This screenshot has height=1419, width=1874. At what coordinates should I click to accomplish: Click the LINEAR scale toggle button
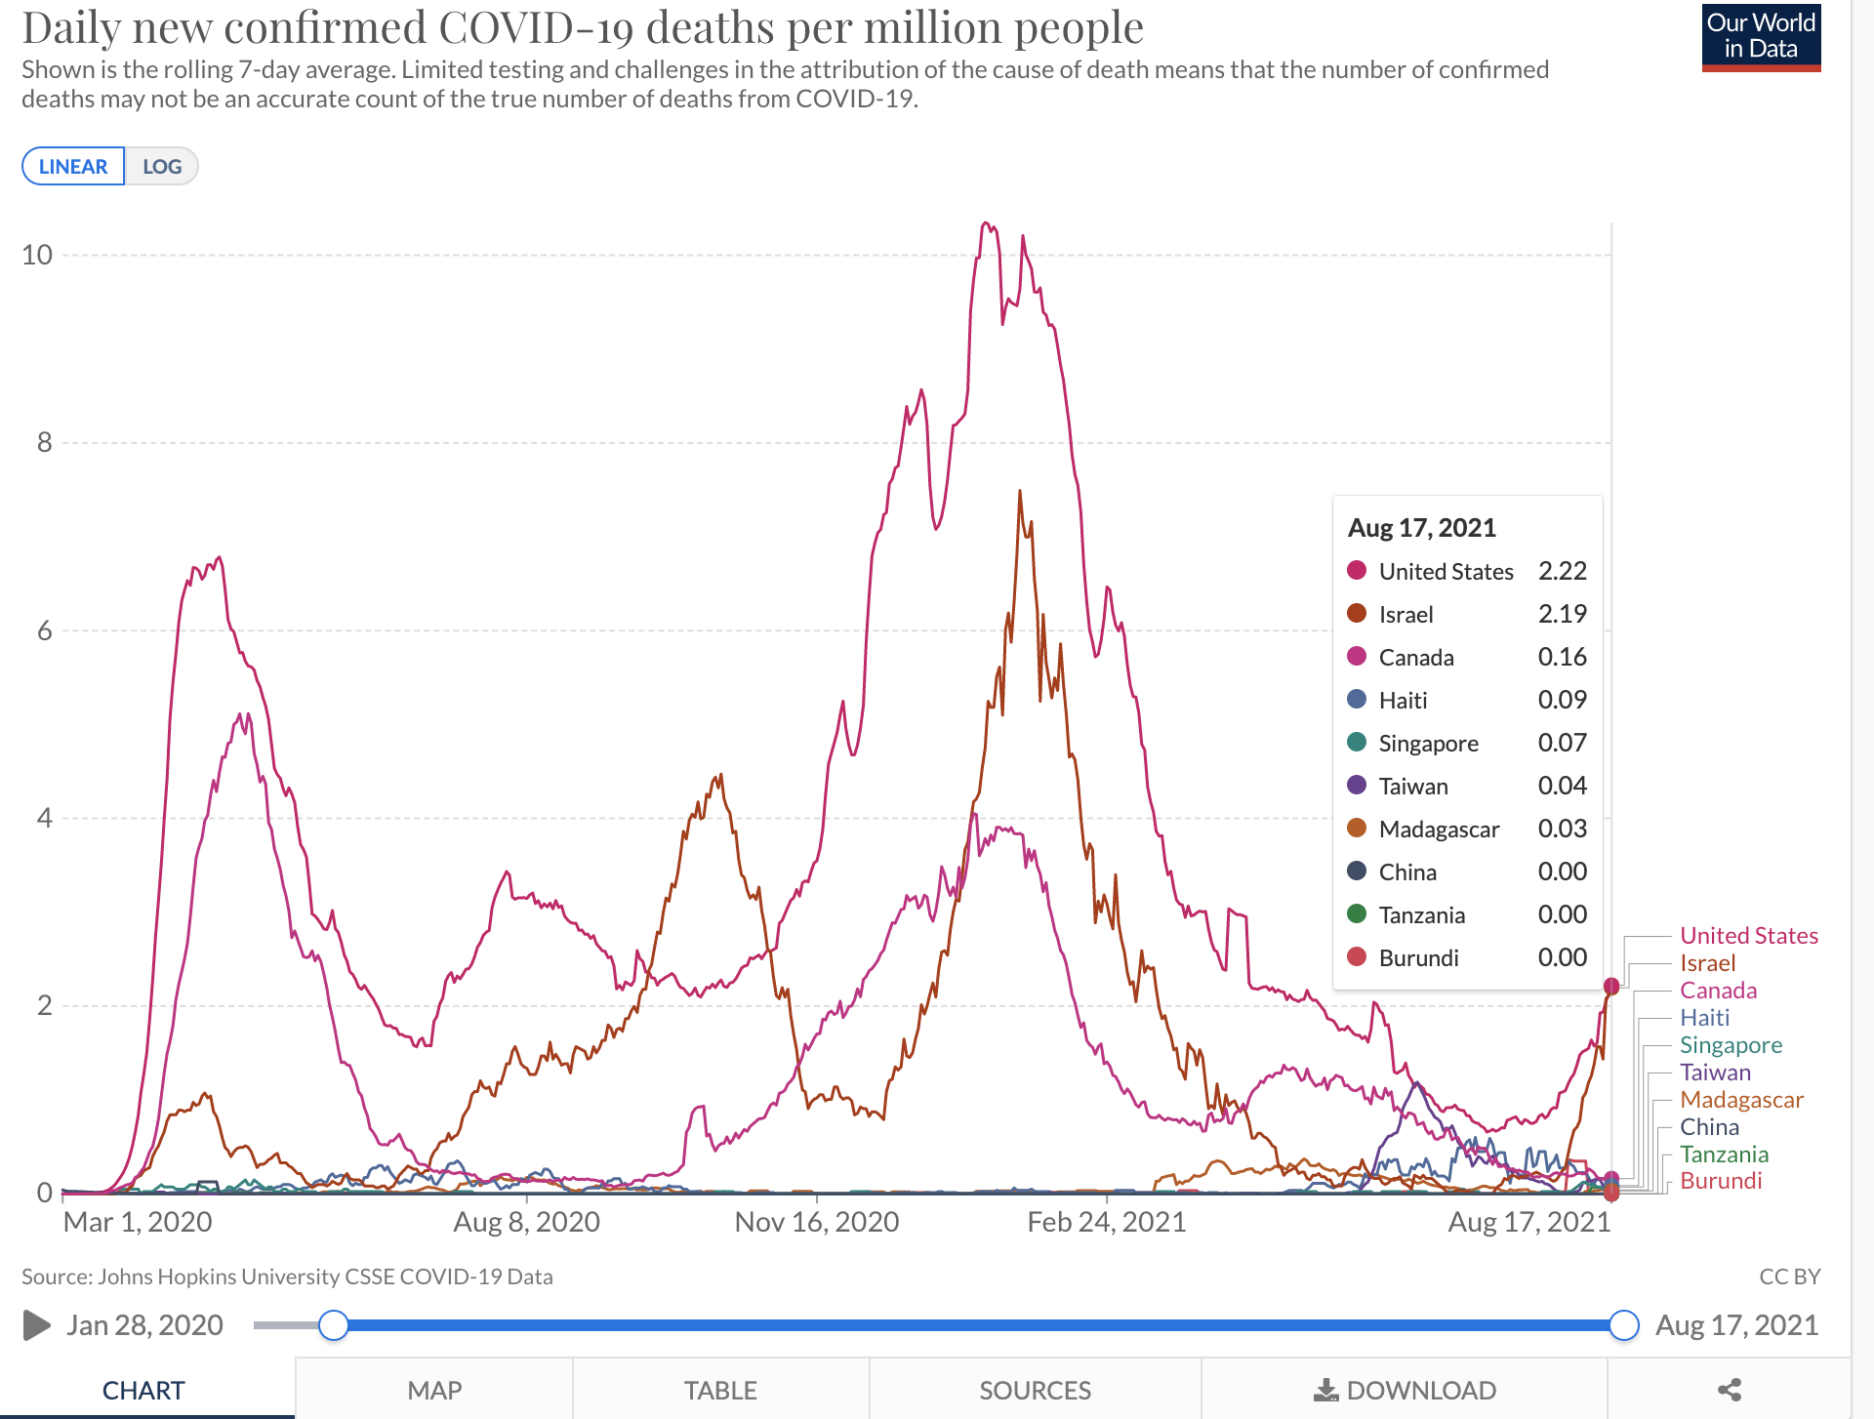(x=73, y=166)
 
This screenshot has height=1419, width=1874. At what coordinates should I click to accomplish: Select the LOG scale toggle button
(x=162, y=166)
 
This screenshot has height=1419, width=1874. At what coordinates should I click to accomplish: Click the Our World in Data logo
(x=1761, y=38)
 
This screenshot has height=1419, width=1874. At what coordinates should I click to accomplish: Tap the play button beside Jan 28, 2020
(x=36, y=1325)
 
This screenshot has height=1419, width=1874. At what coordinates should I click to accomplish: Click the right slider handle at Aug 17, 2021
(x=1624, y=1325)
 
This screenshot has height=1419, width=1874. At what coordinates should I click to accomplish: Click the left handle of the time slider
(x=334, y=1325)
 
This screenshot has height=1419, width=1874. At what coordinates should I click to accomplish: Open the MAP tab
(x=434, y=1390)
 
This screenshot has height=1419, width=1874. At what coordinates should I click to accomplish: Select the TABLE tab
(x=720, y=1390)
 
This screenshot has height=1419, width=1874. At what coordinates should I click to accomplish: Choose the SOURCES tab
(x=1035, y=1390)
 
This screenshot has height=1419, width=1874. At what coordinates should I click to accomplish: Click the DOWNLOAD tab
(x=1405, y=1390)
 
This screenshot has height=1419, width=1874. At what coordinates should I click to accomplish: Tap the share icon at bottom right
(x=1730, y=1390)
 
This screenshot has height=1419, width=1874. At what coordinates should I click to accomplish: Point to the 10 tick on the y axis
(x=37, y=255)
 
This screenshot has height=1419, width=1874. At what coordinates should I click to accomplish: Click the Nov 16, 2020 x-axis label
(x=817, y=1222)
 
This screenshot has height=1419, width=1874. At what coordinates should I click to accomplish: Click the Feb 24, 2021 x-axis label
(x=1107, y=1222)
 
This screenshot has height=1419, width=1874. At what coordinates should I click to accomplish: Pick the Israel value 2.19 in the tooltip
(x=1562, y=614)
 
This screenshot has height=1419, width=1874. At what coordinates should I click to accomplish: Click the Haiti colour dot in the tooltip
(x=1357, y=700)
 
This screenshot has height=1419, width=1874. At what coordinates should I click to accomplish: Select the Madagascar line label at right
(x=1741, y=1100)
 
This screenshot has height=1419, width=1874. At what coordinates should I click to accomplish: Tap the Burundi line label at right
(x=1721, y=1181)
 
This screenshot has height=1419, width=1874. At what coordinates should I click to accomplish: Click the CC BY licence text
(x=1789, y=1277)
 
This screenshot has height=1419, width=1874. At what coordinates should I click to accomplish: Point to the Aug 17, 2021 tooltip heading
(x=1421, y=528)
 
